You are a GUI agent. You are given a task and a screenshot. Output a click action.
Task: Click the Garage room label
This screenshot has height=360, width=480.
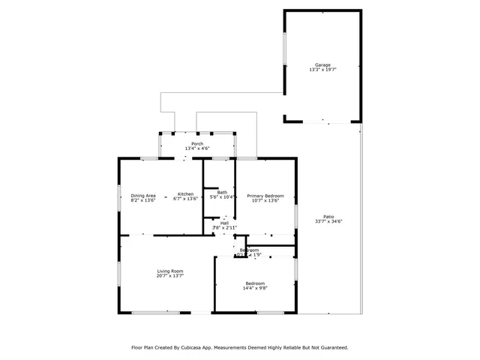[322, 65]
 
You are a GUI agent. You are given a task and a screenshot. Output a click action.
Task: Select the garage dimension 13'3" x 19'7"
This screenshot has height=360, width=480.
[322, 70]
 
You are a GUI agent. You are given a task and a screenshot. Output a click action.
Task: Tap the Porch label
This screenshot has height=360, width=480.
[197, 144]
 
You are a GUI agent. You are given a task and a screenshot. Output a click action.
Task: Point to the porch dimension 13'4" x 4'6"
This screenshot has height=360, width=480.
[197, 148]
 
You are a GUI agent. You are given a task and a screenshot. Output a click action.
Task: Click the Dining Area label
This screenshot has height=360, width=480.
[143, 195]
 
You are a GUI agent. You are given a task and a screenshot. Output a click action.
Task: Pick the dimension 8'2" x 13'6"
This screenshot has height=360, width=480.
[143, 199]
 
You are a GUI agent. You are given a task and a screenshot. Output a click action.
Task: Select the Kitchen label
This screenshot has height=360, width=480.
[185, 195]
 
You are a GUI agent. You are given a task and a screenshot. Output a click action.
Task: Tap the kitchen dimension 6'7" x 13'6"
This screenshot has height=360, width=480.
[185, 199]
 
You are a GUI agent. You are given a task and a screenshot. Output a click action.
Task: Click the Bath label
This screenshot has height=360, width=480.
[222, 192]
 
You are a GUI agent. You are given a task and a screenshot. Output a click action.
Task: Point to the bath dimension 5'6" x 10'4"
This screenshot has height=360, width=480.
[223, 197]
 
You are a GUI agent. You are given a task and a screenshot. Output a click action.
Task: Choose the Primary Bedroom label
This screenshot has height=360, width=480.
[265, 195]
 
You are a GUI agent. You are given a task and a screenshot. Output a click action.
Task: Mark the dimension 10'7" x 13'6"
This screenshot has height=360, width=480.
[265, 199]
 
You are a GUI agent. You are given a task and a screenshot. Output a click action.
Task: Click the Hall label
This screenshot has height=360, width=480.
[224, 223]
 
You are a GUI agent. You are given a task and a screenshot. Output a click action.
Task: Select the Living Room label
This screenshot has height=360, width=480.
[170, 271]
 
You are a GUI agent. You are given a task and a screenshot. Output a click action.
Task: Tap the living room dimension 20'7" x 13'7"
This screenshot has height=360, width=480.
[170, 275]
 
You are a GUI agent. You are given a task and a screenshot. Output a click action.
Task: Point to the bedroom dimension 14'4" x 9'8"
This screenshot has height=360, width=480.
[255, 288]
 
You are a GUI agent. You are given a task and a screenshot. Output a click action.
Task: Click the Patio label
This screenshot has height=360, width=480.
[328, 216]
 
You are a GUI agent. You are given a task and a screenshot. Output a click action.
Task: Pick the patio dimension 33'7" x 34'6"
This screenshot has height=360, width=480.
[328, 220]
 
